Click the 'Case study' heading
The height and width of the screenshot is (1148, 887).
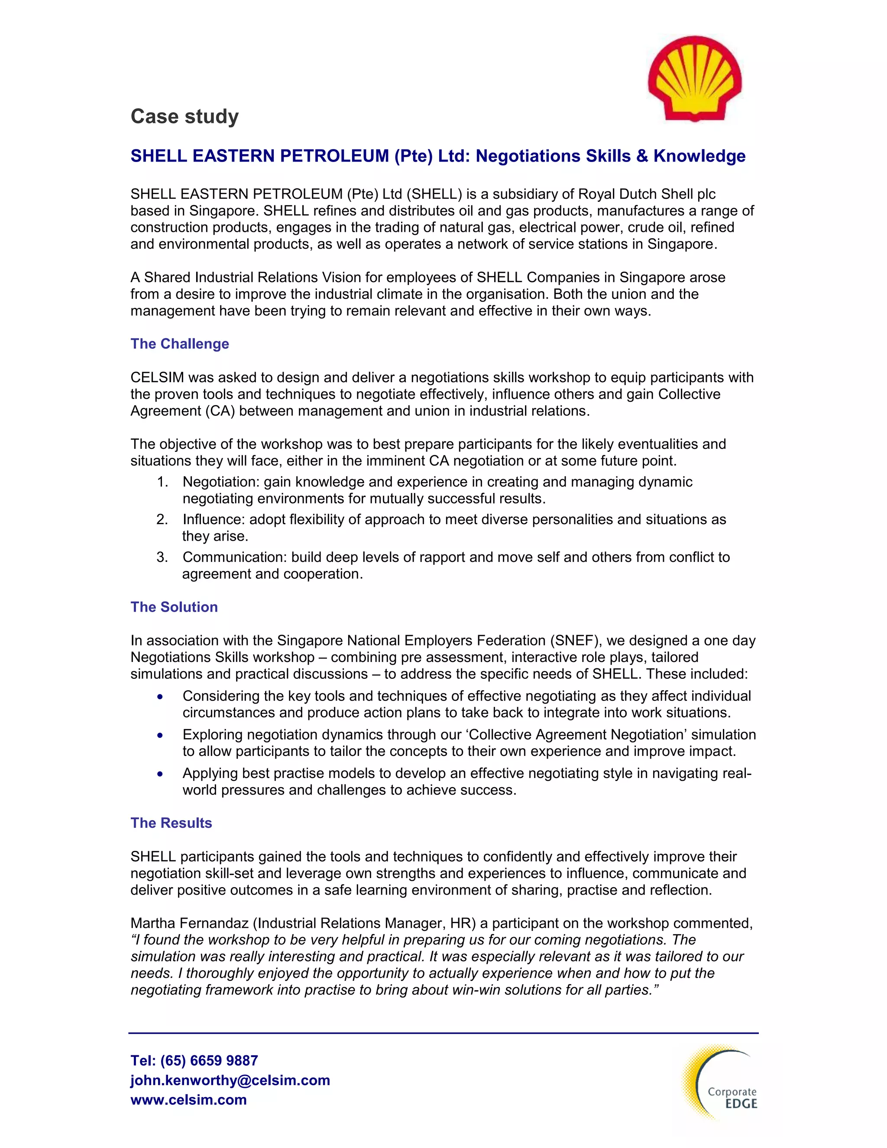(185, 116)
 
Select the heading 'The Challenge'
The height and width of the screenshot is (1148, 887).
(180, 344)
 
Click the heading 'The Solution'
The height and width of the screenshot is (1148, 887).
(174, 607)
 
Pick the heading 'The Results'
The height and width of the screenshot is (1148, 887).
(172, 823)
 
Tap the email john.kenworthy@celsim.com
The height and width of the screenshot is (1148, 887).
(230, 1080)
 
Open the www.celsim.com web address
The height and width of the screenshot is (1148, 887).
(189, 1099)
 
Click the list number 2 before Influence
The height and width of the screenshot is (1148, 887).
(162, 520)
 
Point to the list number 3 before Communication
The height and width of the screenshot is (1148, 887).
(162, 557)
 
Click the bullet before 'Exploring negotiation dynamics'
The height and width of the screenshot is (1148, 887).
(160, 736)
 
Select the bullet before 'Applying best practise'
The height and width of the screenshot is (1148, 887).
(160, 774)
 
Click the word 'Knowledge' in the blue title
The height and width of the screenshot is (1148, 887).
(699, 156)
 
